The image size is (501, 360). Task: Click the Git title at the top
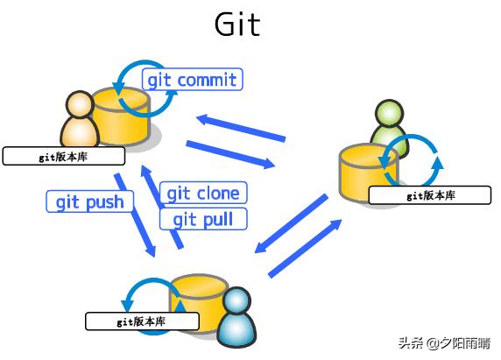pyautogui.click(x=237, y=25)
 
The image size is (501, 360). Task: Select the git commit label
pyautogui.click(x=193, y=79)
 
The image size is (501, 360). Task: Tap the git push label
pyautogui.click(x=90, y=201)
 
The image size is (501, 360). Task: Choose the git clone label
pyautogui.click(x=203, y=193)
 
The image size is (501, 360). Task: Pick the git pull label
pyautogui.click(x=203, y=219)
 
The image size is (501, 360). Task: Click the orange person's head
pyautogui.click(x=80, y=104)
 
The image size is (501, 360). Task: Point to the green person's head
pyautogui.click(x=389, y=113)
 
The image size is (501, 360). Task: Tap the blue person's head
pyautogui.click(x=236, y=301)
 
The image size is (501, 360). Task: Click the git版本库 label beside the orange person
pyautogui.click(x=64, y=156)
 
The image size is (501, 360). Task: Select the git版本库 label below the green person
pyautogui.click(x=430, y=195)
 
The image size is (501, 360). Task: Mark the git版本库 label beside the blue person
pyautogui.click(x=142, y=321)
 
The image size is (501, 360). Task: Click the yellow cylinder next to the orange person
pyautogui.click(x=121, y=116)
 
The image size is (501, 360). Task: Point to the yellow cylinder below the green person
pyautogui.click(x=368, y=173)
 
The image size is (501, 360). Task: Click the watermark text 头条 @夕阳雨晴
pyautogui.click(x=444, y=343)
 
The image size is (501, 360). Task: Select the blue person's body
pyautogui.click(x=236, y=330)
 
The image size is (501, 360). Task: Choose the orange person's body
pyautogui.click(x=80, y=132)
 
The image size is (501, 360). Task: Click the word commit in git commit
pyautogui.click(x=207, y=80)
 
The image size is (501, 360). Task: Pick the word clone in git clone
pyautogui.click(x=219, y=194)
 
